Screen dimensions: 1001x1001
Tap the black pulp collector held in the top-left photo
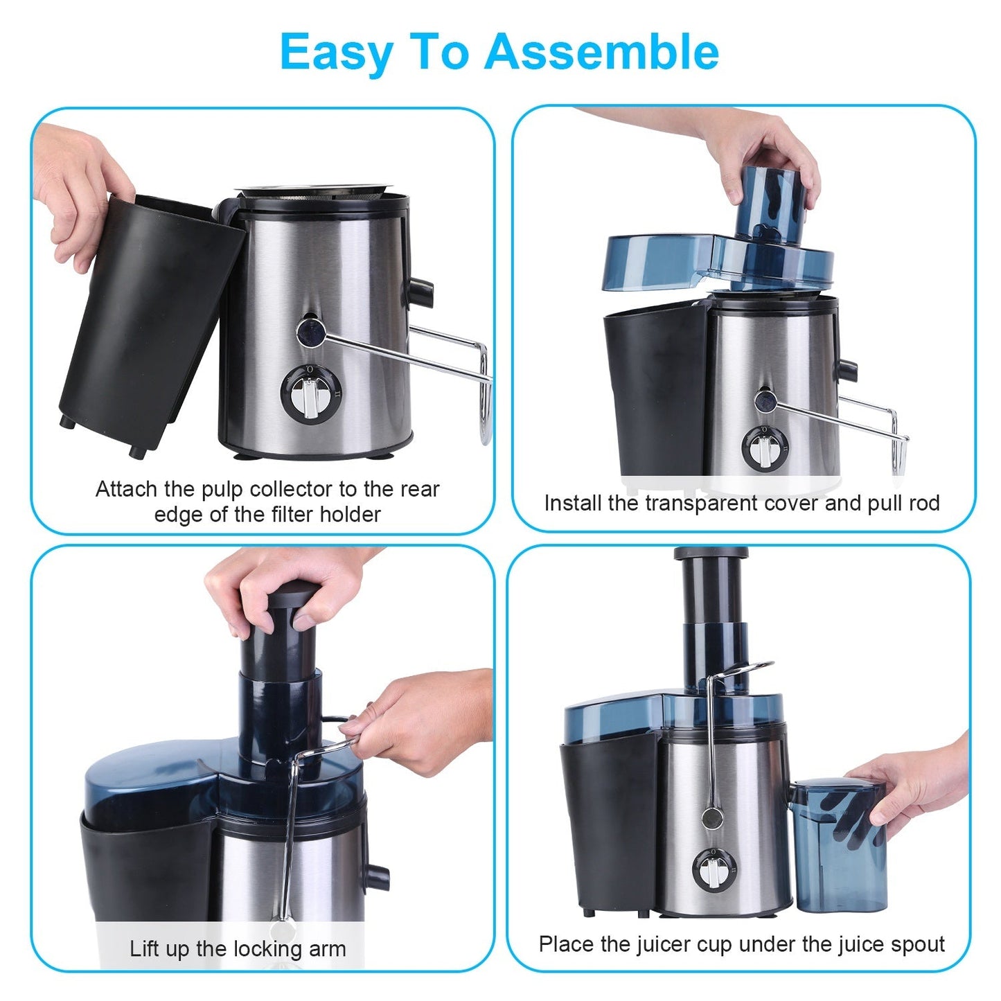pos(149,319)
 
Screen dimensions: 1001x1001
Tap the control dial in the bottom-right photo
pos(709,869)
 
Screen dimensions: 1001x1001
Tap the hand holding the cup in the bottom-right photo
pos(914,783)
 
